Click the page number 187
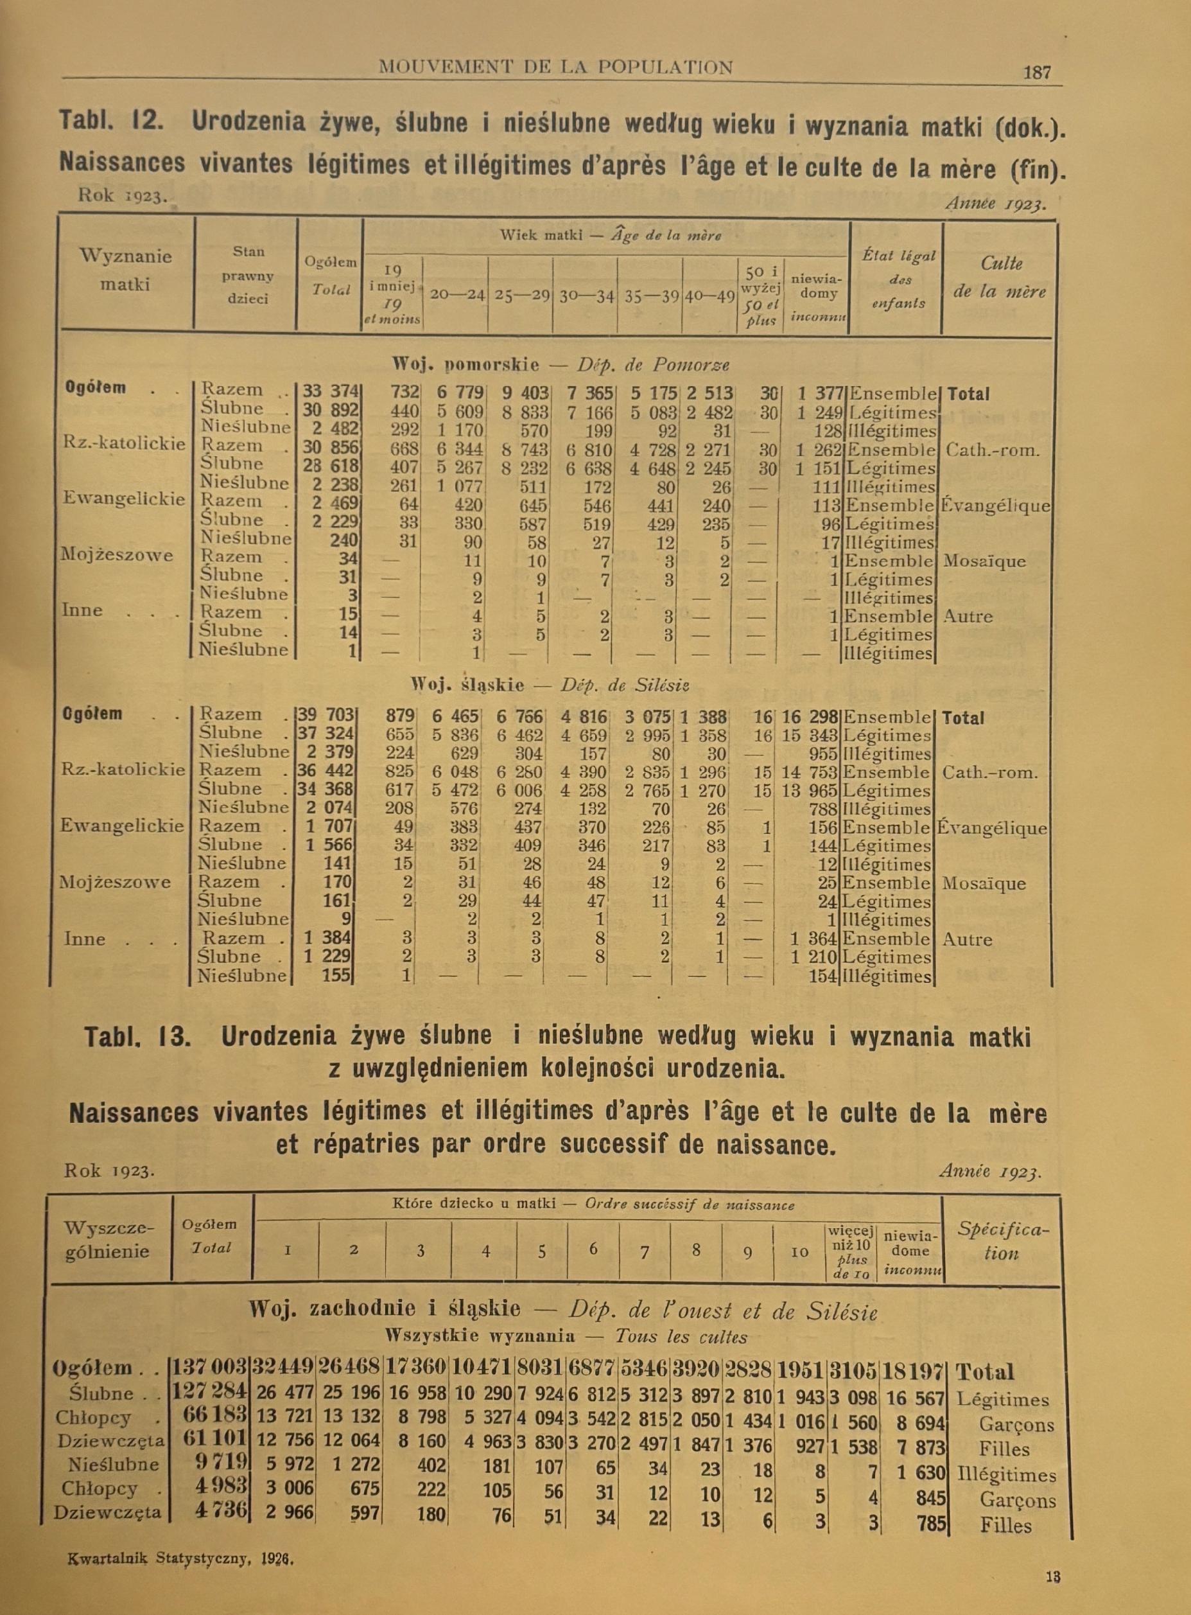coord(1037,72)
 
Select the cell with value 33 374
coord(330,392)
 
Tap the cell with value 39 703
coord(327,716)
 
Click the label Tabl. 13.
coord(137,1037)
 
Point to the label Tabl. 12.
coord(111,123)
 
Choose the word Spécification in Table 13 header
coord(1002,1241)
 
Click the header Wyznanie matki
coord(125,270)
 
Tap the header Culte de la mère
coord(1000,278)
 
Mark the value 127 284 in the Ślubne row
coord(209,1393)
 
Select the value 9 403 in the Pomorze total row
coord(526,393)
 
